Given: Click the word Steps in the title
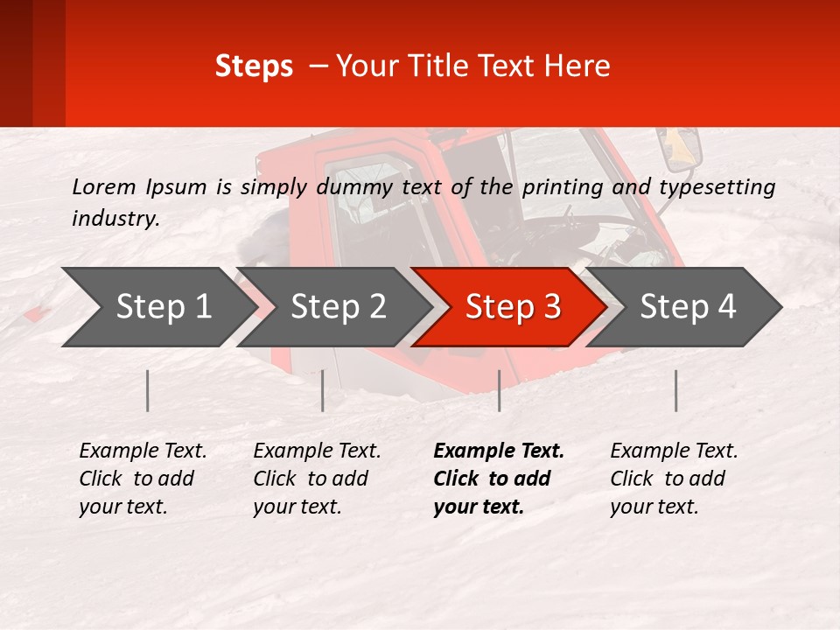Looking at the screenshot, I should [254, 66].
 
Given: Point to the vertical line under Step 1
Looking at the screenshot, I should [148, 390].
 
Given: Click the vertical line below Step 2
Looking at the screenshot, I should [323, 390].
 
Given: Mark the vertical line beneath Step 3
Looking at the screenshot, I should [499, 390].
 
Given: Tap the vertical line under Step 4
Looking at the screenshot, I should [675, 390].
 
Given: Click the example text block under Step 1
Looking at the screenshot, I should [143, 479].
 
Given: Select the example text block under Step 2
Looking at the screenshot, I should [317, 479].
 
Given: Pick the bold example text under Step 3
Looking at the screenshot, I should [499, 479].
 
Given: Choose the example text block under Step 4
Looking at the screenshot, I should [674, 479].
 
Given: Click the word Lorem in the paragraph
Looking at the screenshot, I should [104, 186].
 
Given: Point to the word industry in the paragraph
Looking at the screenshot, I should [115, 219].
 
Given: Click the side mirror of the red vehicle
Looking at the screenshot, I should [682, 150].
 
